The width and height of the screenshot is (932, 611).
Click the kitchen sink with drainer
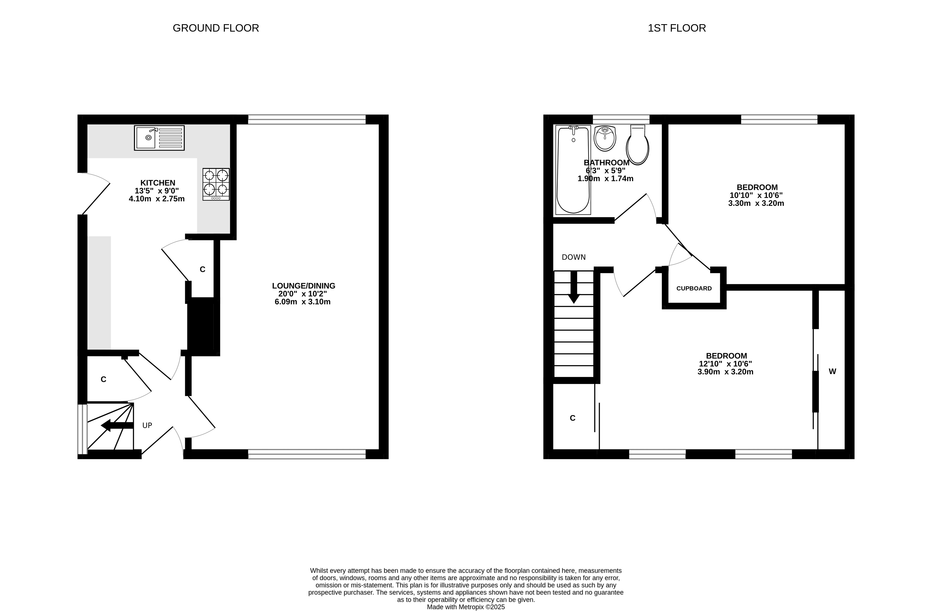[x=159, y=138]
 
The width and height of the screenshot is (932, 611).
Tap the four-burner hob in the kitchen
[x=216, y=184]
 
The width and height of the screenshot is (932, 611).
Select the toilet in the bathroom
[x=638, y=145]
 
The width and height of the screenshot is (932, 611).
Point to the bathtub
[x=573, y=170]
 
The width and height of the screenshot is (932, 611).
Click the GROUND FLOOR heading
[x=216, y=28]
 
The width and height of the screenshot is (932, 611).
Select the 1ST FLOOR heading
[x=677, y=28]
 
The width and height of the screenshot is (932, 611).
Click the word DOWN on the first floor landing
[x=574, y=257]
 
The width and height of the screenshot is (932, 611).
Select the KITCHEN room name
[x=158, y=183]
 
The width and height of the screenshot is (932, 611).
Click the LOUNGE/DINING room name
[x=304, y=286]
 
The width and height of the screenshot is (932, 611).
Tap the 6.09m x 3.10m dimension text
[x=303, y=302]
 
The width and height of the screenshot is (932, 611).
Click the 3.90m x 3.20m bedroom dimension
[x=725, y=372]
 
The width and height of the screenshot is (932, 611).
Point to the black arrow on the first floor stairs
[x=574, y=287]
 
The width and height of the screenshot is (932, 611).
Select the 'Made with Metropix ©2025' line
[x=466, y=607]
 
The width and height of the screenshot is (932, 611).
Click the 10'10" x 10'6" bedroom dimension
[x=756, y=195]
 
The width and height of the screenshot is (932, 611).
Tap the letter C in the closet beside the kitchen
[x=203, y=269]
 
